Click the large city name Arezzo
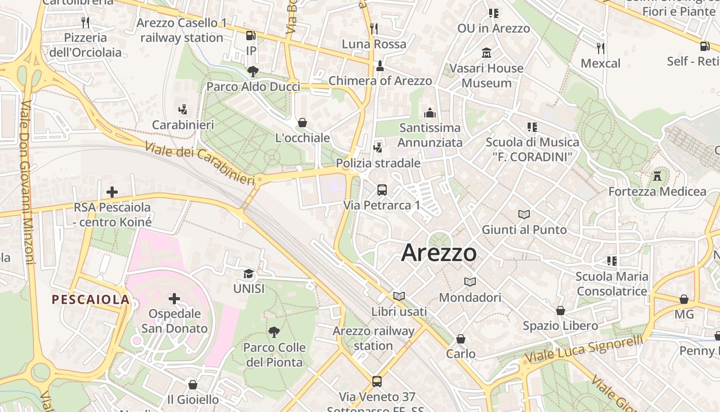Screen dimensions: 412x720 [439, 252]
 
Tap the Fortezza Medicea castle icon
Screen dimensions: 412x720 [657, 176]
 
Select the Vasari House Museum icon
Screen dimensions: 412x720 [487, 53]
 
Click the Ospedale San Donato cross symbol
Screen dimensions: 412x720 [174, 298]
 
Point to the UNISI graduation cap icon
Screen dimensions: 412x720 [249, 273]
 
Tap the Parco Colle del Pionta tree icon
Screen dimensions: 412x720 [274, 332]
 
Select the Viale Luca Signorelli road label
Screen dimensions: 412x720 [584, 349]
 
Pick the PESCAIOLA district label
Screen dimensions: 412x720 [90, 300]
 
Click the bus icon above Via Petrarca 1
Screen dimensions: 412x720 [382, 190]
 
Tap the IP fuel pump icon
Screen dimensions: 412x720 [251, 36]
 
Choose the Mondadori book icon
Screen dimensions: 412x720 [470, 282]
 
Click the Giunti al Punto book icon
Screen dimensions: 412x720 [524, 214]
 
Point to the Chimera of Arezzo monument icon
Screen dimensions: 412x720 [380, 65]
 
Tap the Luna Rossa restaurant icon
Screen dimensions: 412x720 [374, 28]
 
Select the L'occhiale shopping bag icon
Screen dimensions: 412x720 [302, 123]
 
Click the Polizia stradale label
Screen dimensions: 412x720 [378, 163]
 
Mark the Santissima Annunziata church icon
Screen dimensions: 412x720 [430, 113]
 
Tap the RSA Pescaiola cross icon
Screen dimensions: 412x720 [112, 192]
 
